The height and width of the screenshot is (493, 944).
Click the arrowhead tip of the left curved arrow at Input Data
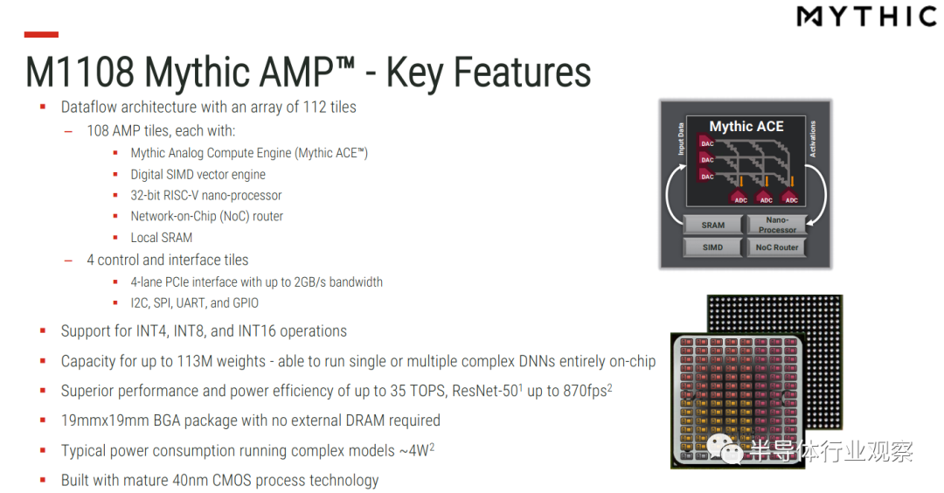tap(686, 164)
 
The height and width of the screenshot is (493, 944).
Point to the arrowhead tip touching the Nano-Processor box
tap(807, 226)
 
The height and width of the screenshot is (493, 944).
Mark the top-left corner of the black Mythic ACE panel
tap(687, 116)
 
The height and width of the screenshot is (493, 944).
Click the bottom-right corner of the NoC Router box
tap(806, 256)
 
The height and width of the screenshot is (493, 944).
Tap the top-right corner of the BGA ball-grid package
tap(843, 295)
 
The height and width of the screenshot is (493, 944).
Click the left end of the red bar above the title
tap(24, 35)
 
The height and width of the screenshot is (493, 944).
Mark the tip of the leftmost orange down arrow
tap(741, 186)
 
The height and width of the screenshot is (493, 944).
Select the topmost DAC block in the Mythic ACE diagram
tap(707, 143)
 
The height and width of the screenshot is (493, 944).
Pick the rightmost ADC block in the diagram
tap(791, 198)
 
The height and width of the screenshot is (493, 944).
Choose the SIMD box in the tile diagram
tap(713, 247)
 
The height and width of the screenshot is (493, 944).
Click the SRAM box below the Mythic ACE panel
tap(713, 226)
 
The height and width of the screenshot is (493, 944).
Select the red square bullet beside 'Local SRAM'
tap(115, 238)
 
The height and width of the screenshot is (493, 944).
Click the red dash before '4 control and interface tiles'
tap(69, 260)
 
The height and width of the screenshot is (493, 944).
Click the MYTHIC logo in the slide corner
tap(867, 17)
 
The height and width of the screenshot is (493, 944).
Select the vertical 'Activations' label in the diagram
tap(812, 139)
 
